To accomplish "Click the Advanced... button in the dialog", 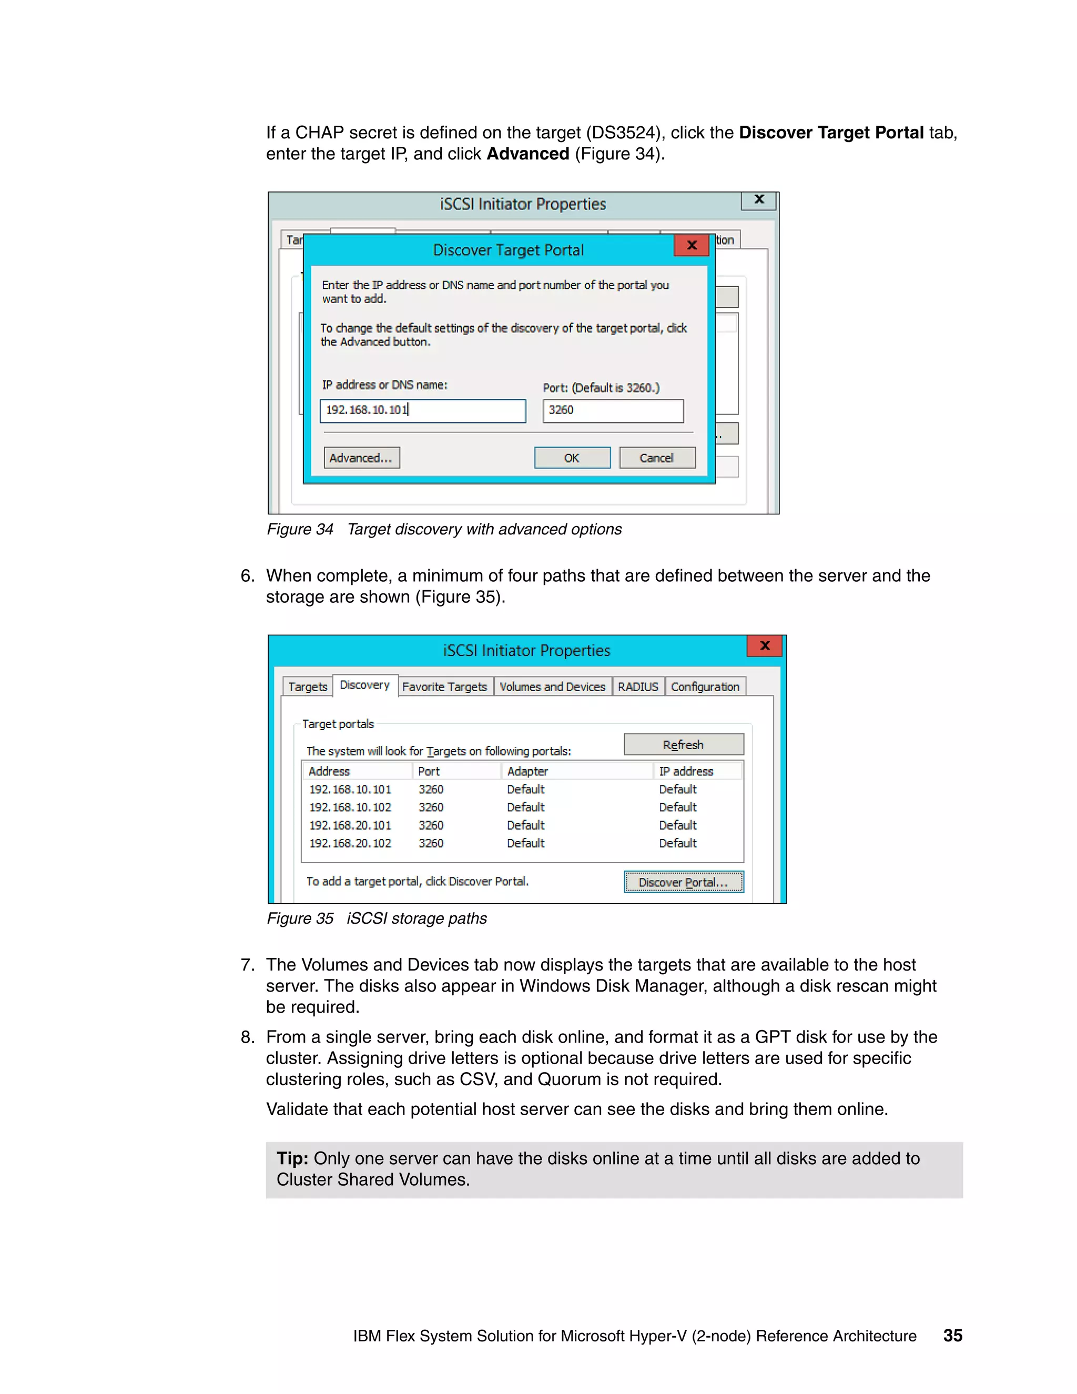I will (x=361, y=458).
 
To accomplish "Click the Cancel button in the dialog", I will (x=656, y=458).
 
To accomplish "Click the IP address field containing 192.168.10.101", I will (x=422, y=410).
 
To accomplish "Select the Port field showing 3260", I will (x=613, y=410).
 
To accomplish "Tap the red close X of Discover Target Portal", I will (x=692, y=245).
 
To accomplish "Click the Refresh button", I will (x=683, y=744).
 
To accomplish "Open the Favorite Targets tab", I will (x=445, y=687).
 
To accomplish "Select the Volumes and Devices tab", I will (x=552, y=687).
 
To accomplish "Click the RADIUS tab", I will (x=637, y=687).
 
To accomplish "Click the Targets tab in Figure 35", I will (x=308, y=687).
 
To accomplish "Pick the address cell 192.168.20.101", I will (x=350, y=825).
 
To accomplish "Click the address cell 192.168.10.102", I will (x=350, y=807).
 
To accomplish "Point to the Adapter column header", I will (x=527, y=771).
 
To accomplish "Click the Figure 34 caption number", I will (x=300, y=529).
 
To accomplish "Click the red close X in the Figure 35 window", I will (x=764, y=645).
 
